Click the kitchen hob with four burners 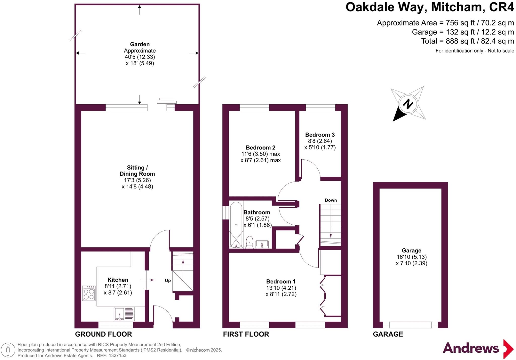(x=89, y=293)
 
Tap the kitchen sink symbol (x=124, y=314)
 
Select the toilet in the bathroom (x=249, y=242)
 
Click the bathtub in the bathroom (x=236, y=225)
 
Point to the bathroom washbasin (x=262, y=244)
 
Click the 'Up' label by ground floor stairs (x=168, y=281)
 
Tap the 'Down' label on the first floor (x=331, y=200)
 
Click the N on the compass (x=408, y=104)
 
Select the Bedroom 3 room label (x=320, y=135)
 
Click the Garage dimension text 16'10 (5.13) (x=411, y=257)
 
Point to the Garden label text (x=140, y=44)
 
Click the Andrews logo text (x=471, y=348)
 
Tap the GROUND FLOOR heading (x=104, y=334)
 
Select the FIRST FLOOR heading (x=246, y=334)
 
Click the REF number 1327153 (x=117, y=355)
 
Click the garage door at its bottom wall (x=410, y=325)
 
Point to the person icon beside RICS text (x=8, y=350)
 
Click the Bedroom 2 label (x=261, y=147)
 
